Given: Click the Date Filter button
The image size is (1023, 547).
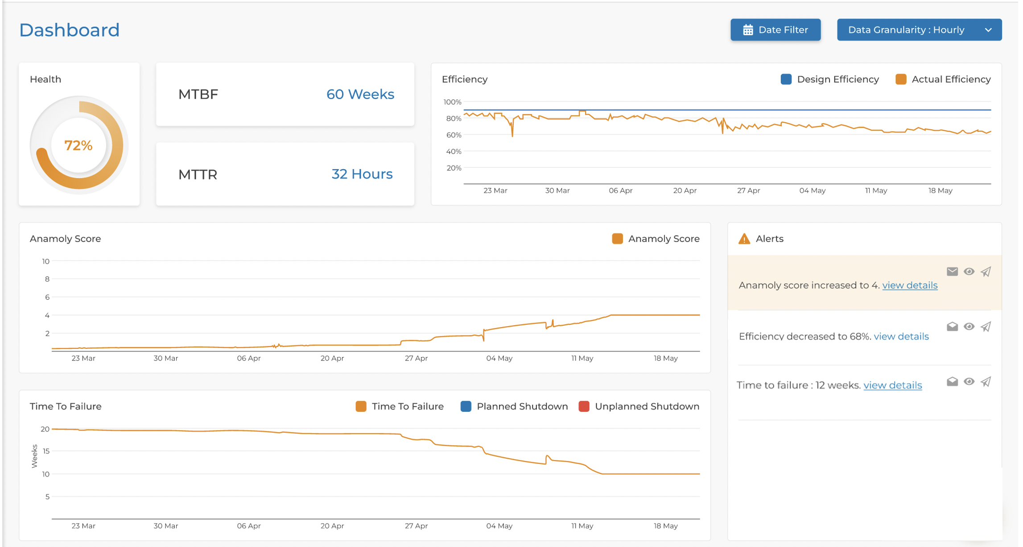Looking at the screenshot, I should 775,30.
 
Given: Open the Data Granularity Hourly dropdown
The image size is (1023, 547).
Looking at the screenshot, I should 919,30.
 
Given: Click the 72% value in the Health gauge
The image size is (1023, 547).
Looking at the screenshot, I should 78,145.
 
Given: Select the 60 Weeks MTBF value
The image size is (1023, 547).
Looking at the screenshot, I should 360,94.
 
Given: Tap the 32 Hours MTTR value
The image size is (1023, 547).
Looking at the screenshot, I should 362,174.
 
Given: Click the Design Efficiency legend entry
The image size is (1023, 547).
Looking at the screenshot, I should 830,79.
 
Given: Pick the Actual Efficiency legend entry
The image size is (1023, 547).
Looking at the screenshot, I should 943,79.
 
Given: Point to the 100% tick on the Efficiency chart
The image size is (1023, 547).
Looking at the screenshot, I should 452,102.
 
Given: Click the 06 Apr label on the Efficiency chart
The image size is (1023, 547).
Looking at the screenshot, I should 620,191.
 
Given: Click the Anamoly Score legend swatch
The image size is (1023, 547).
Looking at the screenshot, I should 617,239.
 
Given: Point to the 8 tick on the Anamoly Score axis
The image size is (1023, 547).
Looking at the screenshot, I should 47,279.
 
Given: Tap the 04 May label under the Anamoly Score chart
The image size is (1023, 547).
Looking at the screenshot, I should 499,358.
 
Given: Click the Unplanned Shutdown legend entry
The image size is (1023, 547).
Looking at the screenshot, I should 639,406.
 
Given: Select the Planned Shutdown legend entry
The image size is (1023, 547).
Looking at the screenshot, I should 514,406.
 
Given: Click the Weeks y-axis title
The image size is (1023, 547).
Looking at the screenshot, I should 34,456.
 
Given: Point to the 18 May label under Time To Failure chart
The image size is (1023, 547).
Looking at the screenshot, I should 665,526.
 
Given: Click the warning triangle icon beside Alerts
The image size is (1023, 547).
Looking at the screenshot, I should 744,239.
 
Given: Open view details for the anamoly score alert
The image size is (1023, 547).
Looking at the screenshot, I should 909,286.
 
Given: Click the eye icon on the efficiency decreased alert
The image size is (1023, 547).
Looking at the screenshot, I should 969,327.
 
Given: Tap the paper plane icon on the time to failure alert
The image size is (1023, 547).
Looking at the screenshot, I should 986,382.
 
